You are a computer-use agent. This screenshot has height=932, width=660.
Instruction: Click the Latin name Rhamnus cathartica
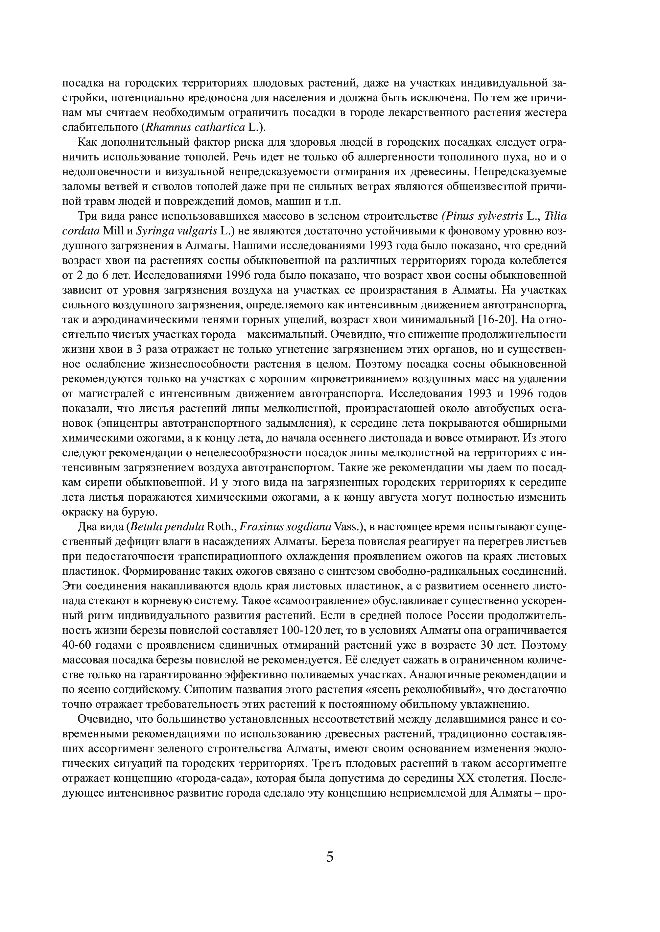(195, 127)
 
